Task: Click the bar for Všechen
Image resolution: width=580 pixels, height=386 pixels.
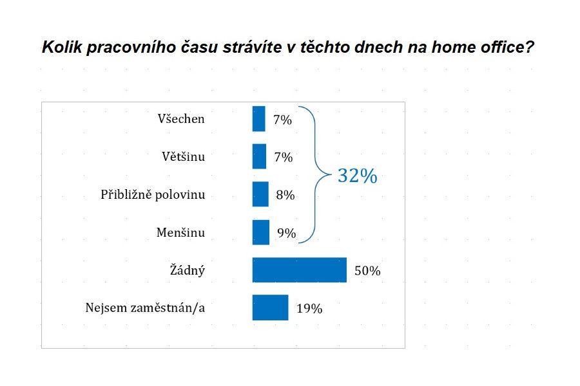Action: click(x=258, y=119)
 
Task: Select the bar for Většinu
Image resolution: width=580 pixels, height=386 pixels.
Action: click(x=259, y=156)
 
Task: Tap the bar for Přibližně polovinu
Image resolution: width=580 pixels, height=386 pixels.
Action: click(x=260, y=194)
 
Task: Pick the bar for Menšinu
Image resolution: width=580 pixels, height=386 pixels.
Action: click(x=261, y=232)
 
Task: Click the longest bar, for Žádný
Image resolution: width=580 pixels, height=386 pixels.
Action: click(x=299, y=270)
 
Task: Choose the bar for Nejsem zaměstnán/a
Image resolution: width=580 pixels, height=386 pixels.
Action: click(x=270, y=308)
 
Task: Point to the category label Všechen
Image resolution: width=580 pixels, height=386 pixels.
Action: click(x=180, y=119)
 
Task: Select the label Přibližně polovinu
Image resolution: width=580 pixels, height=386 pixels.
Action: click(x=153, y=194)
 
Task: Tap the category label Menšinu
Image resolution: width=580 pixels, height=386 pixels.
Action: click(x=180, y=232)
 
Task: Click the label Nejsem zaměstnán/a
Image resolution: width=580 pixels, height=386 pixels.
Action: click(x=145, y=308)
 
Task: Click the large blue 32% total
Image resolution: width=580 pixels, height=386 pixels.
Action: click(x=357, y=176)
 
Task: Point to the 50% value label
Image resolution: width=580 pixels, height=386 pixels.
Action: click(x=367, y=271)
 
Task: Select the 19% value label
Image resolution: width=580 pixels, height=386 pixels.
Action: click(x=309, y=309)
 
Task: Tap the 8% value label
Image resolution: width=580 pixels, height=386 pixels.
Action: click(x=285, y=195)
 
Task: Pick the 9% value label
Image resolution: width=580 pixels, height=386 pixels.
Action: click(x=286, y=233)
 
